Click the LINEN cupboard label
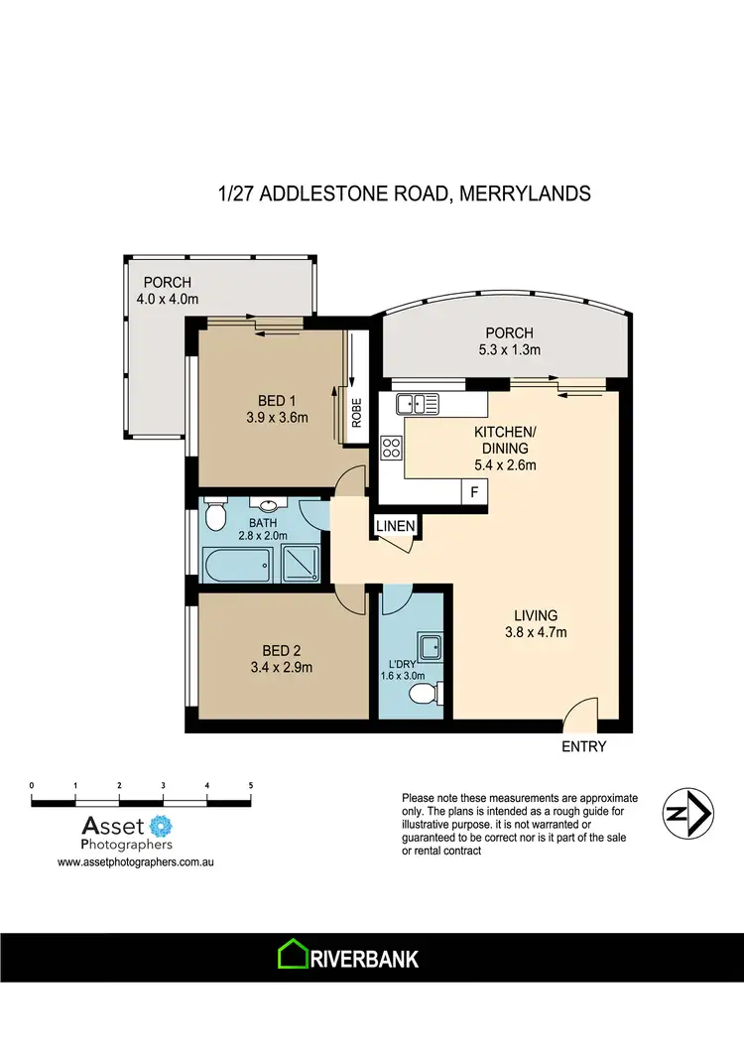coord(395,524)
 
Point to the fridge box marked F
coord(474,491)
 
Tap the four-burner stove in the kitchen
coord(391,448)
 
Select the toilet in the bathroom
coord(213,515)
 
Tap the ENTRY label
coord(583,746)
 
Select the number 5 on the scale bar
coord(251,785)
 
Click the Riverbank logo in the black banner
coord(347,959)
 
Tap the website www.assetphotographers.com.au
coord(137,863)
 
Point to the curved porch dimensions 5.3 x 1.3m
coord(509,349)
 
